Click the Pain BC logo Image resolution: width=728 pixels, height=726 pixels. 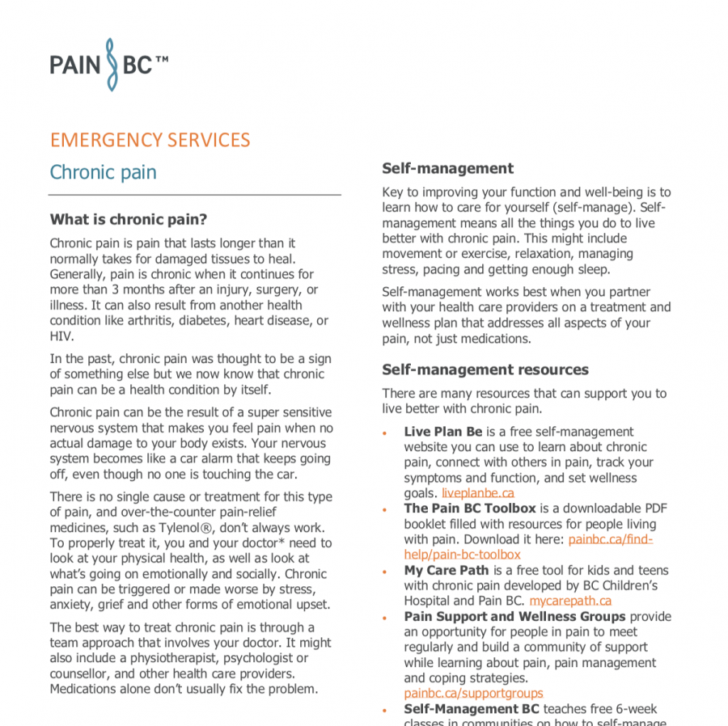pos(109,64)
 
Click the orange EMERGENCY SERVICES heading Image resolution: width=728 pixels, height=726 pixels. pos(150,140)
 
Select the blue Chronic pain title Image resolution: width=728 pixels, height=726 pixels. pos(104,172)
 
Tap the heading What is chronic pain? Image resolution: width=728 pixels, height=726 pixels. pos(129,219)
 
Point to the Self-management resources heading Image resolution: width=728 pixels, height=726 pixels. pos(485,369)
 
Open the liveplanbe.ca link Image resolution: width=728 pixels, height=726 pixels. pos(477,493)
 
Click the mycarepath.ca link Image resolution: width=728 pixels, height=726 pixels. pos(570,601)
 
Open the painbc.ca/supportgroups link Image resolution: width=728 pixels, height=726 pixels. pos(473,694)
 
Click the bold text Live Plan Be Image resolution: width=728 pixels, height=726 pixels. pos(442,432)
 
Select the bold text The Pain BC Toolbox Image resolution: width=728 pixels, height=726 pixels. pos(470,509)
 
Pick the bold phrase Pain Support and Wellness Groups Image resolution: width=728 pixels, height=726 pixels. pos(514,616)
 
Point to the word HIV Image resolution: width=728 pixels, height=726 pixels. pos(61,336)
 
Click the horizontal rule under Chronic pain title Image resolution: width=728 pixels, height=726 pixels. pos(194,195)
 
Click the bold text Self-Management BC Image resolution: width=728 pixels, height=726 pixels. pos(472,709)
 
